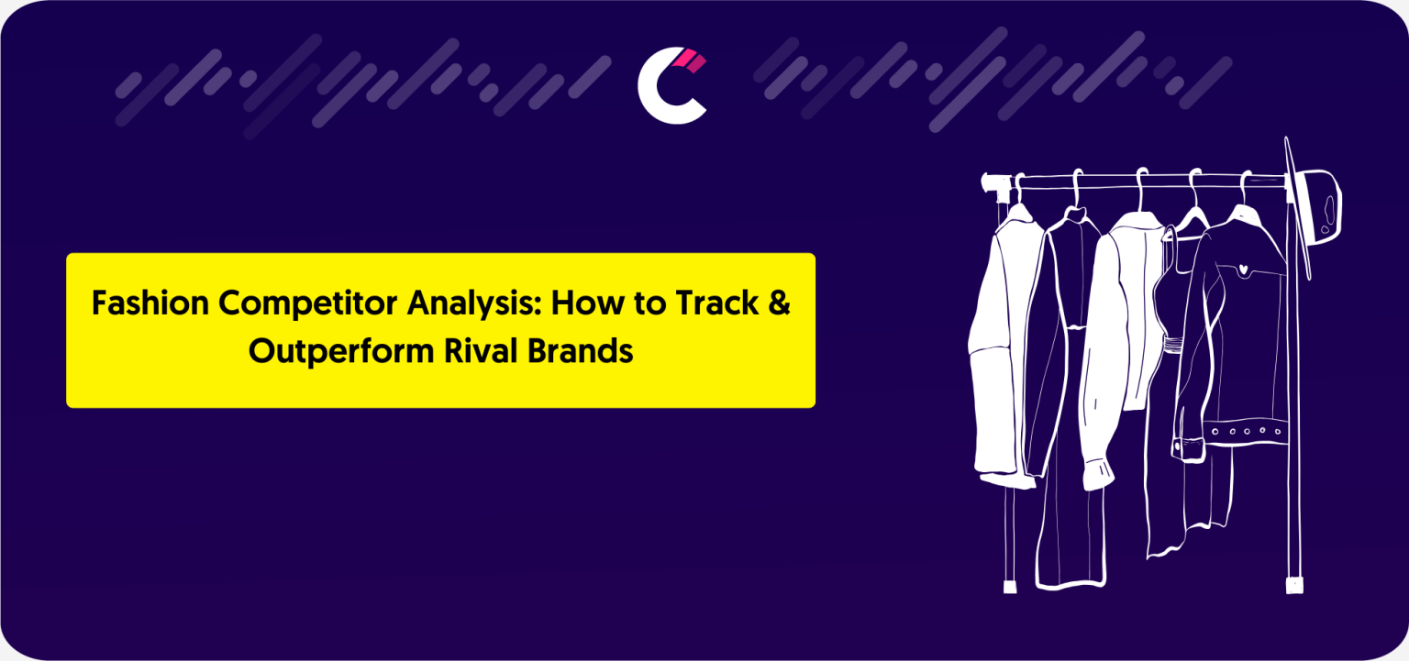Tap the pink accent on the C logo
(x=690, y=61)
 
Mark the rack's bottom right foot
(x=1294, y=585)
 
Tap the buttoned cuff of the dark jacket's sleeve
(x=1188, y=448)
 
